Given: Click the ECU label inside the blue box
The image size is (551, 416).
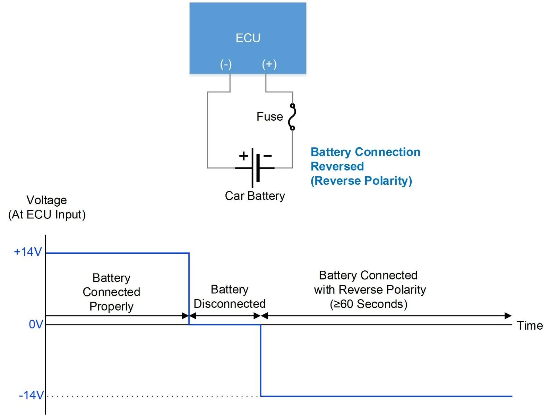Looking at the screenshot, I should click(x=248, y=38).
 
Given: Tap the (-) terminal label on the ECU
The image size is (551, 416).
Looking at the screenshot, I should click(x=226, y=64).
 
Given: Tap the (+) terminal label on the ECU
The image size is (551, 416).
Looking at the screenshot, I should click(x=269, y=64).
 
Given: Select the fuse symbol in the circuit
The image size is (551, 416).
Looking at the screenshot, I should click(x=292, y=117).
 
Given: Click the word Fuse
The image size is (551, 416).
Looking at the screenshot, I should click(x=269, y=116).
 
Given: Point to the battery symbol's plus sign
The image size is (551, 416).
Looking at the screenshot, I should click(x=244, y=156).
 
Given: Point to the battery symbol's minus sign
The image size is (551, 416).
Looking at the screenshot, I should click(x=268, y=156).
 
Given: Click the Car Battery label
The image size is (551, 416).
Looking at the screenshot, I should click(x=255, y=196).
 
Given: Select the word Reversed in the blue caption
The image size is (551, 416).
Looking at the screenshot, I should click(x=337, y=166).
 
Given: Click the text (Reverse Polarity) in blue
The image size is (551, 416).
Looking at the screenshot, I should click(x=361, y=181).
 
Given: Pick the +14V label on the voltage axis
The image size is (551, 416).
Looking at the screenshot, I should click(x=28, y=252).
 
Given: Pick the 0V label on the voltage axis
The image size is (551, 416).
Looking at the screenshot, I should click(x=36, y=324).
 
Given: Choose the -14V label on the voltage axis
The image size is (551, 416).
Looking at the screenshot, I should click(x=31, y=395).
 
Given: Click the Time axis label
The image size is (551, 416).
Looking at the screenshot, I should click(x=530, y=326).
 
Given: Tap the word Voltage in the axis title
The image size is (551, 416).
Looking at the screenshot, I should click(x=46, y=200).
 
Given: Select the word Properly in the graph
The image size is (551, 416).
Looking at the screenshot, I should click(x=111, y=306).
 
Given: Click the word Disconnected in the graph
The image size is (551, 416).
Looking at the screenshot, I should click(x=230, y=304).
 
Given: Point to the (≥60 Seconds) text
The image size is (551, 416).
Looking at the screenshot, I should click(x=369, y=304).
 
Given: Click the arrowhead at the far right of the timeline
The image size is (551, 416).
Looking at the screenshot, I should click(x=508, y=316).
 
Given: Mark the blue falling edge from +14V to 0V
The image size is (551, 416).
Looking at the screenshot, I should click(x=189, y=288).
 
